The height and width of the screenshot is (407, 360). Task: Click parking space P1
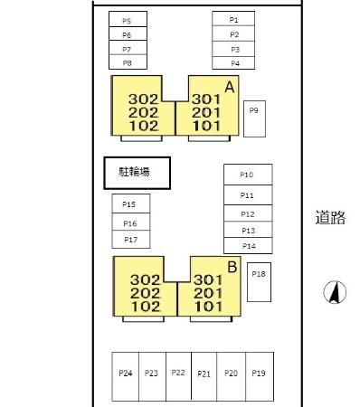[x=233, y=19]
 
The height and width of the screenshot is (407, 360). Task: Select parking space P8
[x=128, y=62]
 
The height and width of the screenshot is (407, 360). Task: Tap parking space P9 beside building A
[x=254, y=118]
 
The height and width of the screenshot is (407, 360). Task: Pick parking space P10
[x=248, y=175]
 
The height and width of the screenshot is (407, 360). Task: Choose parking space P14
[x=248, y=246]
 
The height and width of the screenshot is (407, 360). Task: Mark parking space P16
[x=131, y=222]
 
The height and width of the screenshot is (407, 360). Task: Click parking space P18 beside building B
[x=259, y=282]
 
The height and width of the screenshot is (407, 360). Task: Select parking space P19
[x=260, y=376]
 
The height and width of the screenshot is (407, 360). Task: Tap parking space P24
[x=126, y=376]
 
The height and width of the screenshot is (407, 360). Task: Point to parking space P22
[x=178, y=376]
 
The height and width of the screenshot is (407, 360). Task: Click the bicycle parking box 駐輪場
[x=137, y=173]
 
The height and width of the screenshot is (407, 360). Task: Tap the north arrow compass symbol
[x=335, y=292]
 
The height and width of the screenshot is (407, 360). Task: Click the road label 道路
[x=330, y=217]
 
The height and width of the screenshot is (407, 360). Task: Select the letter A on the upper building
[x=230, y=87]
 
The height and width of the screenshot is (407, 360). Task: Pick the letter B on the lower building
[x=232, y=267]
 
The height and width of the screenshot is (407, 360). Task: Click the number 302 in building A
[x=144, y=99]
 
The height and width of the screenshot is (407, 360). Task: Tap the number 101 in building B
[x=208, y=307]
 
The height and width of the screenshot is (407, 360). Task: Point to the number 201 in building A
[x=206, y=113]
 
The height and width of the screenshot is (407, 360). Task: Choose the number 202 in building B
[x=146, y=293]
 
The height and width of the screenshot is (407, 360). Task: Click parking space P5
[x=128, y=19]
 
